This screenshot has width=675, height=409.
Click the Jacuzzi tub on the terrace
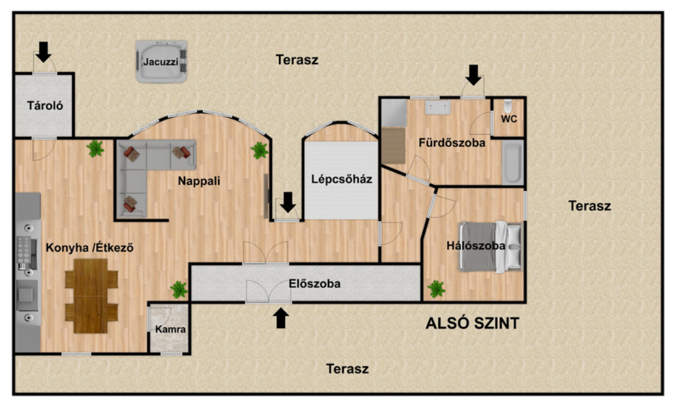click(x=161, y=61)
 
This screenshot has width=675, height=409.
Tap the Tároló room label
click(x=44, y=105)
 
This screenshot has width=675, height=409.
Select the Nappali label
click(x=199, y=181)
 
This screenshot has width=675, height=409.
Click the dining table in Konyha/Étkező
click(x=91, y=296)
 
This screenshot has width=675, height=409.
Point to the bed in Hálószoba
click(x=490, y=247)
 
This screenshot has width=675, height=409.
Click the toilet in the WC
click(x=508, y=106)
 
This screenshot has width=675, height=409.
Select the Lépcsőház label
click(x=341, y=179)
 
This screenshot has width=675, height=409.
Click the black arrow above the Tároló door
click(x=43, y=52)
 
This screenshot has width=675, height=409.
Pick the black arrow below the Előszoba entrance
click(x=281, y=318)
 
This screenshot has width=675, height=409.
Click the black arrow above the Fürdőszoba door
click(x=473, y=75)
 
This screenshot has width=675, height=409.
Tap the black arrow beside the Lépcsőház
click(x=288, y=202)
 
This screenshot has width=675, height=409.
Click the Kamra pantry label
click(x=171, y=329)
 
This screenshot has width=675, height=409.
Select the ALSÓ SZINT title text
click(x=472, y=323)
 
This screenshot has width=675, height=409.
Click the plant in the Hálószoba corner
click(x=436, y=289)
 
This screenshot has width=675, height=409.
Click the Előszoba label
click(x=314, y=283)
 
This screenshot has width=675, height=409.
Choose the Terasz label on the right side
click(x=589, y=206)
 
